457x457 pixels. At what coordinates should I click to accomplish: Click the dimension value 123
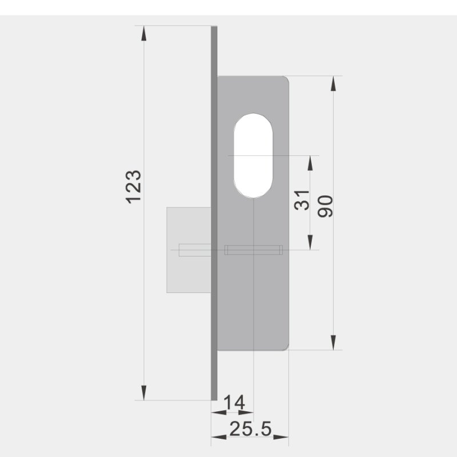[x=133, y=186]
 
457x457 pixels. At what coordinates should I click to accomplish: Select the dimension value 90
[x=326, y=206]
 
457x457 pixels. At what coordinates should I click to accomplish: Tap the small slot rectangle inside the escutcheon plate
[x=254, y=250]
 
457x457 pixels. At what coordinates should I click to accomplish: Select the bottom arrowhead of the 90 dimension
[x=334, y=342]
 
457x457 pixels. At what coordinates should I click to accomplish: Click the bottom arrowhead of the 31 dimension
[x=311, y=242]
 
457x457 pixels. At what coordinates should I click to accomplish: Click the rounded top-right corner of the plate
[x=285, y=79]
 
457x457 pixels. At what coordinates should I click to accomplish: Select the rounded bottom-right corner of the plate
[x=285, y=346]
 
